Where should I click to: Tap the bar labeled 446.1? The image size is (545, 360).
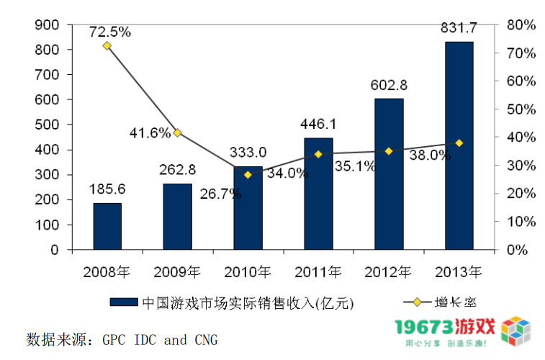click(318, 194)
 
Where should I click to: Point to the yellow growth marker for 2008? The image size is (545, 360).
click(107, 45)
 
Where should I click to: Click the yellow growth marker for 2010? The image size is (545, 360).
click(248, 174)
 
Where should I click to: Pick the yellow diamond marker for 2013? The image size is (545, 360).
click(459, 143)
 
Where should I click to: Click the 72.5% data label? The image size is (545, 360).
click(109, 31)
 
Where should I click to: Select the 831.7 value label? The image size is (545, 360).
click(459, 28)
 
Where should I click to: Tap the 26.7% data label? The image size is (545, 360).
click(221, 194)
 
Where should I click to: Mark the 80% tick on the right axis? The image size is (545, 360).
click(520, 25)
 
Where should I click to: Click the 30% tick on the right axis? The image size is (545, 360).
click(520, 166)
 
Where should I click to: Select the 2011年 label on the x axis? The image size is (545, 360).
click(318, 271)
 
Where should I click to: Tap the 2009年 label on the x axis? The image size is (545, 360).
click(177, 271)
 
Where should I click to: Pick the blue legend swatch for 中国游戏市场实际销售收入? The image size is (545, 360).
click(123, 302)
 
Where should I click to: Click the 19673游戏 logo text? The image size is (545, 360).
click(445, 328)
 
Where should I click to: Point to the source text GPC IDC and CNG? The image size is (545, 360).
click(159, 339)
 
